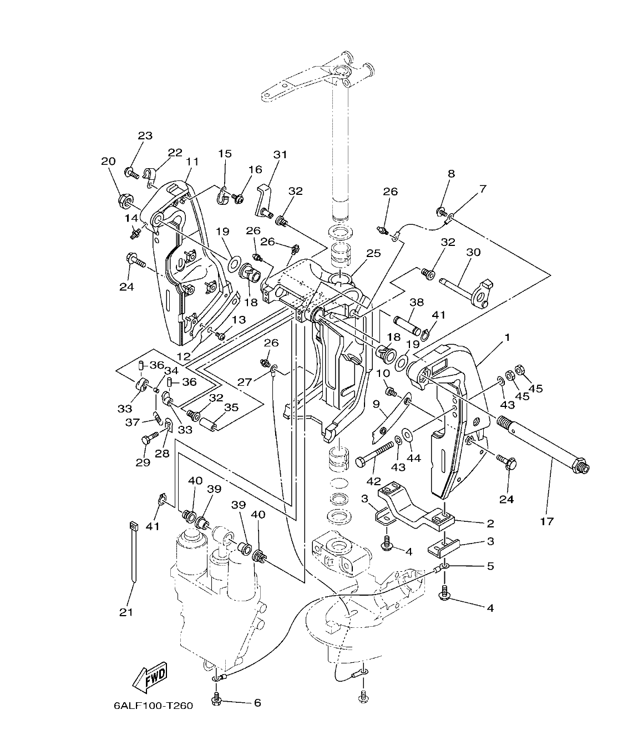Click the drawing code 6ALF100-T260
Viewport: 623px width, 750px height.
[x=153, y=706]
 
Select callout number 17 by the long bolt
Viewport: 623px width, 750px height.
[x=546, y=521]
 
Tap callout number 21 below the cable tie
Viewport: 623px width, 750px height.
[x=127, y=612]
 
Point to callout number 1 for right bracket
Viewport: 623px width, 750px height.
[x=507, y=337]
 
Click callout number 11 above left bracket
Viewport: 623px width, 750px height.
[x=192, y=162]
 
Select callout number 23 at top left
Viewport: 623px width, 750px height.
[x=145, y=135]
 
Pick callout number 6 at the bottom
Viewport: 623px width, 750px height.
[x=257, y=702]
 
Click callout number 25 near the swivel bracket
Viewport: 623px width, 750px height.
[x=373, y=253]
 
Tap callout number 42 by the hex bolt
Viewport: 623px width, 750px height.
[x=374, y=481]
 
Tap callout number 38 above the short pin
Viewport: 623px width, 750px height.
[x=416, y=303]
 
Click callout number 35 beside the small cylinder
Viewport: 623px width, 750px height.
[x=231, y=407]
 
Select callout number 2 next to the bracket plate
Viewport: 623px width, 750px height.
[x=490, y=523]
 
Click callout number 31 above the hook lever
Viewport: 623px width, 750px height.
[x=281, y=154]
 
